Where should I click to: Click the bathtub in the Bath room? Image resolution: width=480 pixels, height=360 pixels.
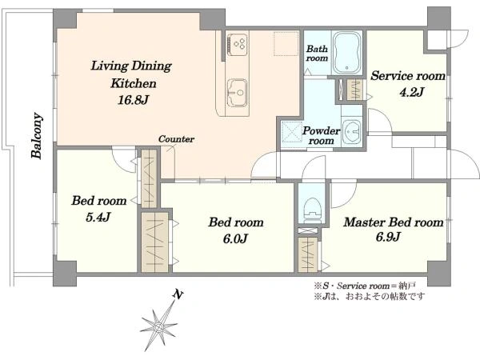point(347,52)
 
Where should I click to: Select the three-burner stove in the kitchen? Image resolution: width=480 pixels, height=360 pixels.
point(237,45)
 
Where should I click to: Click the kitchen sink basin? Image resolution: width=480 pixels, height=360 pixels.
point(237,92)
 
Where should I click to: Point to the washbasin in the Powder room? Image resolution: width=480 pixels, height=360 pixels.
point(352,132)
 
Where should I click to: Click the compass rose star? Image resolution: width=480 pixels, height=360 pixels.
point(159,326)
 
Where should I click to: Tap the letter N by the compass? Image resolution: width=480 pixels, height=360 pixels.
point(178,294)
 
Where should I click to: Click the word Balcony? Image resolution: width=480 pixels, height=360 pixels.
point(37,136)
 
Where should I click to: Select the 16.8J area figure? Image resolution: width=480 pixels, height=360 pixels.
point(133,100)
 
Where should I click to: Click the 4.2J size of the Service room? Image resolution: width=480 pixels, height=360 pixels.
point(411,91)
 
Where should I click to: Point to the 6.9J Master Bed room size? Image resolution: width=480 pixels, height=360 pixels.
point(388,237)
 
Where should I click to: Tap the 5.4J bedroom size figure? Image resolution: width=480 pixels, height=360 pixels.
point(98,217)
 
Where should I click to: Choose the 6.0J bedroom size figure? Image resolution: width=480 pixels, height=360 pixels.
point(234,238)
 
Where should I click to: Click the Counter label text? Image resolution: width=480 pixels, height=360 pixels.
point(176,139)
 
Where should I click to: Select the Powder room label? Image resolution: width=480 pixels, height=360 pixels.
point(321,136)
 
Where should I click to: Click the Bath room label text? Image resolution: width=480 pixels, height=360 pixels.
point(317,54)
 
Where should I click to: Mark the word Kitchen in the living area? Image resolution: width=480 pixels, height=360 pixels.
point(134,83)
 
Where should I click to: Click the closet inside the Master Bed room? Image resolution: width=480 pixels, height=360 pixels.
point(308,254)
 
